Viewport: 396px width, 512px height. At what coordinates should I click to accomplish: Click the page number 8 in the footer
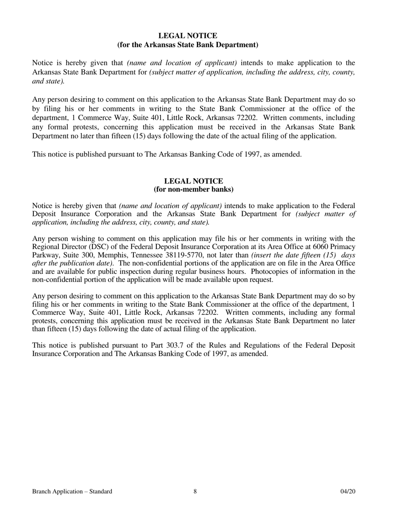coord(195,492)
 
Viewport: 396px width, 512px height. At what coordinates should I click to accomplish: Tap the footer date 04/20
coord(348,492)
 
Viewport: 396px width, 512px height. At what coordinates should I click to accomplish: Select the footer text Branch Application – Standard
coord(72,492)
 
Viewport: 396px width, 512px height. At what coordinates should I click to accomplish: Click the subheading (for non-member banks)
coord(194,189)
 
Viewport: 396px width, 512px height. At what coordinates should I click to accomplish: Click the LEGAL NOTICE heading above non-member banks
coord(194,181)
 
